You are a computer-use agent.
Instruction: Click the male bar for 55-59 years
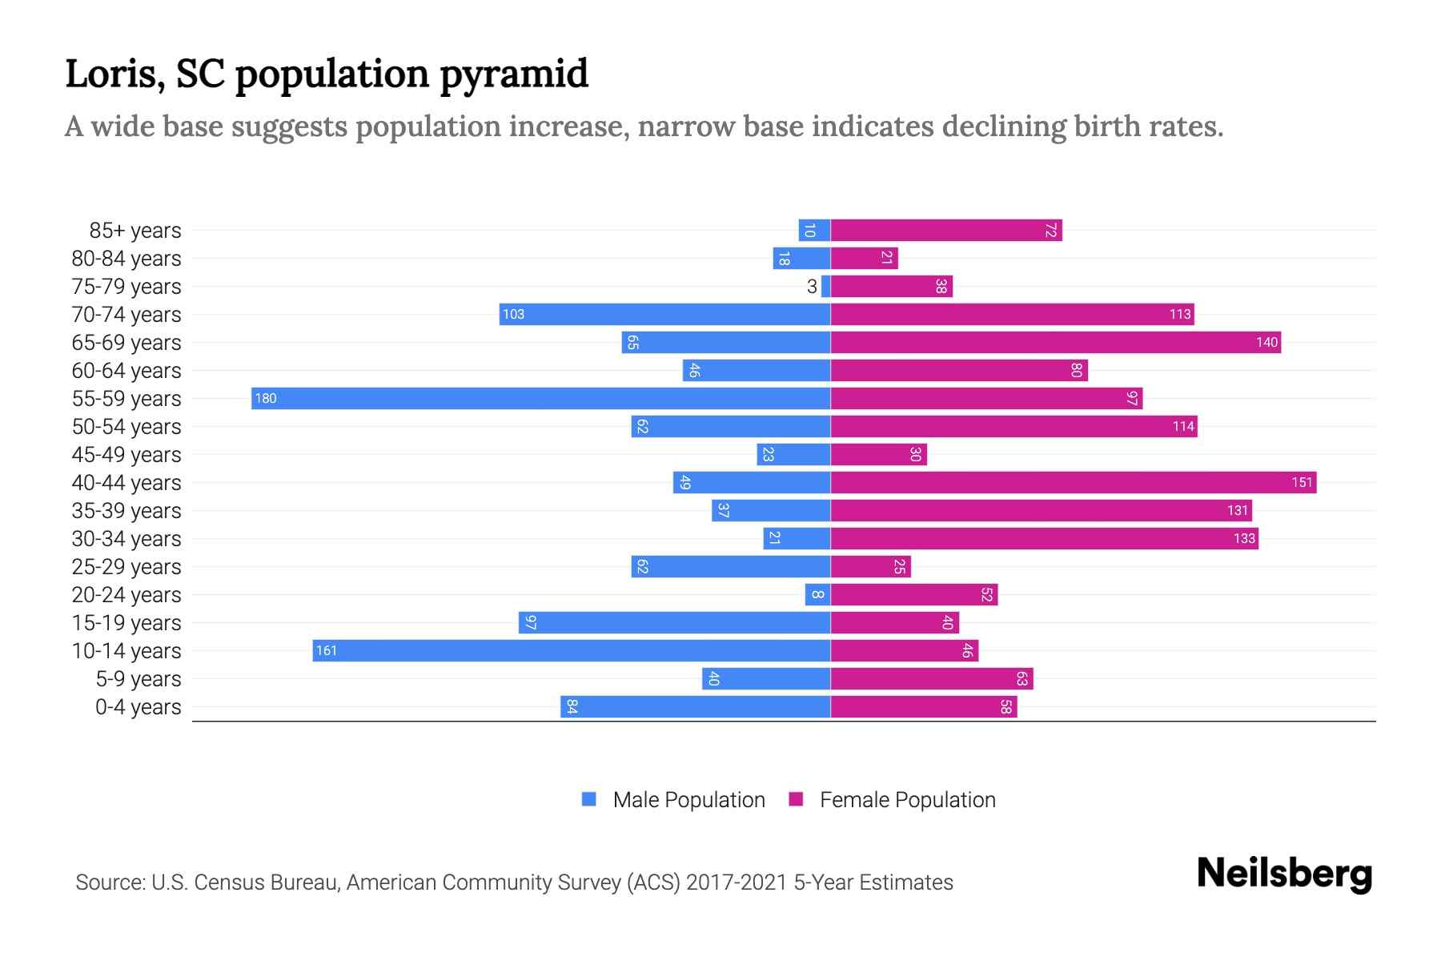[540, 398]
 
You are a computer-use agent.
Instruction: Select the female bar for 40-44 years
[1073, 482]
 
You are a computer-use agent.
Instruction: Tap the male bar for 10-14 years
[571, 650]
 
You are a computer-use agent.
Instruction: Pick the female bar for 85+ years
[946, 230]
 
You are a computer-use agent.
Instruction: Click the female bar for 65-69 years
[1055, 342]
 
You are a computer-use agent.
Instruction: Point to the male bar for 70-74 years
[664, 314]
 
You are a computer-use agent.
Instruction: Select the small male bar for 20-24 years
[817, 594]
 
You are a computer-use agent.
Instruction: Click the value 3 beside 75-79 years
[812, 287]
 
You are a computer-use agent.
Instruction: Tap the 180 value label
[266, 398]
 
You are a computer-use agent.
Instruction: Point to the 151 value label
[1302, 482]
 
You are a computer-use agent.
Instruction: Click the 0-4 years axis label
[138, 707]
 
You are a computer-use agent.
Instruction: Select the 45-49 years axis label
[126, 455]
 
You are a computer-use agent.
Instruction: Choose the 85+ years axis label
[135, 231]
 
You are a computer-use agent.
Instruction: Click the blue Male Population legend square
[589, 799]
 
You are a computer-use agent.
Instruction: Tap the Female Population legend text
[907, 800]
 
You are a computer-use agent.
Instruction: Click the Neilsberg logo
[1284, 874]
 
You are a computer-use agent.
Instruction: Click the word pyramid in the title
[514, 74]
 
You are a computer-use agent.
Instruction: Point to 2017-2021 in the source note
[737, 883]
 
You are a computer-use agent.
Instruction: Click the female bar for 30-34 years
[1044, 538]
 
